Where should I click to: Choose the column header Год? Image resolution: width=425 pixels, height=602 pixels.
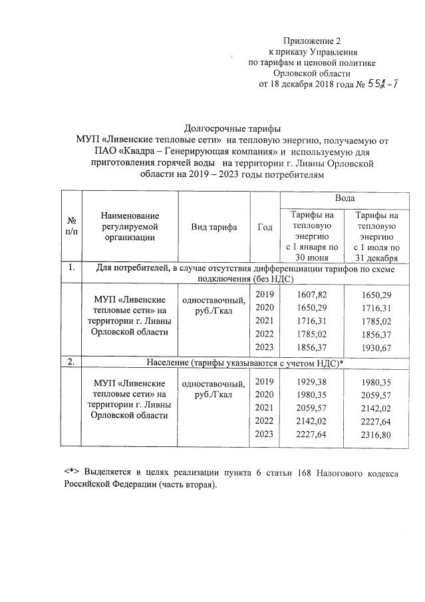tap(264, 227)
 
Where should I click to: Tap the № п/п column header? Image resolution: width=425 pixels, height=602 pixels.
tap(71, 227)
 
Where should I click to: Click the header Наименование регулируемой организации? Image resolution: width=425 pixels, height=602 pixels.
tap(130, 227)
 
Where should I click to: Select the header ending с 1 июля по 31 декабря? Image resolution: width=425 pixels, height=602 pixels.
tap(376, 236)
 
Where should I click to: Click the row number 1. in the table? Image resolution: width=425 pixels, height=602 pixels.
tap(71, 268)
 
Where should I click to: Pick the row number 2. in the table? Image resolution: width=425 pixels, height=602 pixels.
tap(71, 363)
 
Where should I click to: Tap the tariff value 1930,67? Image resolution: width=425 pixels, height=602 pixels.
tap(376, 347)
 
